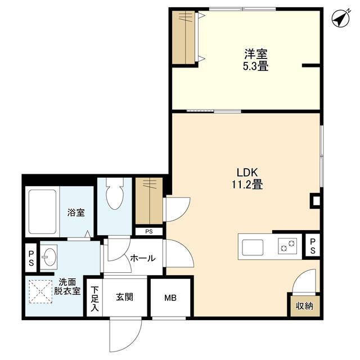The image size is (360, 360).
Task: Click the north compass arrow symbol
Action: point(341,19)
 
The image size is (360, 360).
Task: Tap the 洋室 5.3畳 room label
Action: point(256,60)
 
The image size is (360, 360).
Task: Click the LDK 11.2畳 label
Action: point(247,178)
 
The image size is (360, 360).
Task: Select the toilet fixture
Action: point(115,194)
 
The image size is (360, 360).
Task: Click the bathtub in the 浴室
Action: point(43,211)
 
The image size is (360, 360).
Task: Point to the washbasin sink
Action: point(49,256)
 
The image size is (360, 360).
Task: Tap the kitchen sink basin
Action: point(253,247)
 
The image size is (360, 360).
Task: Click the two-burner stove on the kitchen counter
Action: point(287,246)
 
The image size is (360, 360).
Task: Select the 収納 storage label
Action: point(304,306)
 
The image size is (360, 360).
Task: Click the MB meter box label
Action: point(170,298)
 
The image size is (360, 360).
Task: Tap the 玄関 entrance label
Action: point(124,298)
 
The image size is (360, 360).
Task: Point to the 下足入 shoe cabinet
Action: point(94,298)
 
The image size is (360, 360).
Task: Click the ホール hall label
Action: point(143,258)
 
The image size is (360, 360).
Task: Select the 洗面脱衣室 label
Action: point(67,286)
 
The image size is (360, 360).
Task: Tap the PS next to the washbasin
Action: point(31,258)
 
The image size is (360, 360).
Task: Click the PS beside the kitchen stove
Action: point(313,246)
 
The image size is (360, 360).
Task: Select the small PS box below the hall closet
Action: point(149,232)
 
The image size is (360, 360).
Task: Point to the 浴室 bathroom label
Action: point(76,213)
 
